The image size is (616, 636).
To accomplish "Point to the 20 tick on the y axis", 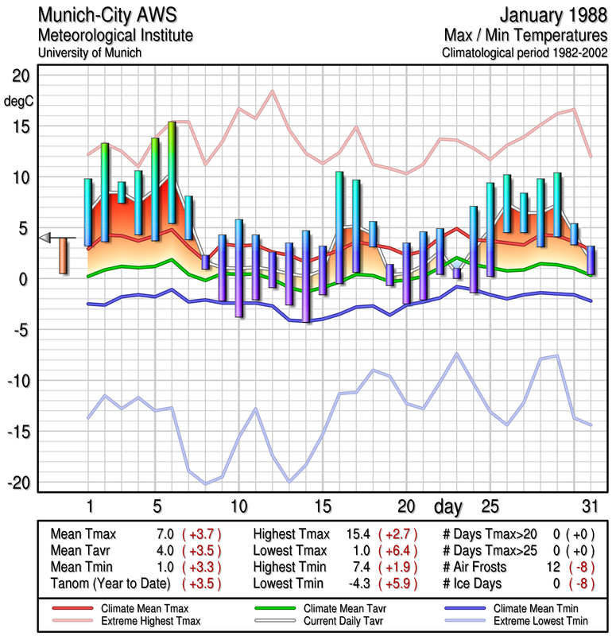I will (x=20, y=76).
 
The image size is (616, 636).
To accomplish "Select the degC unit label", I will (x=18, y=102).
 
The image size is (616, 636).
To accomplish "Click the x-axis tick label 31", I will (x=589, y=506).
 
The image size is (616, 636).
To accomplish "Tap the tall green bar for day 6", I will (x=172, y=173).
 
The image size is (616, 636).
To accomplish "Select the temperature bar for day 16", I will (x=339, y=227).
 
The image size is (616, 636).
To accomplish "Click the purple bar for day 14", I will (x=305, y=276).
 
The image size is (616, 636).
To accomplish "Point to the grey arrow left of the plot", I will (x=46, y=237).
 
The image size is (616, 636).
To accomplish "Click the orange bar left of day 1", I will (x=63, y=255).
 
